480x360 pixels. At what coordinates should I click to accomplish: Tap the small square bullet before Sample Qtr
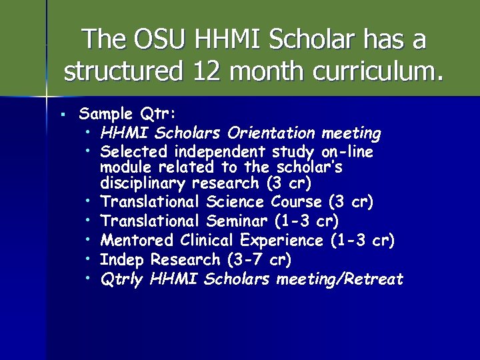point(61,115)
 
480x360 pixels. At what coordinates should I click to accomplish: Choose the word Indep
point(123,259)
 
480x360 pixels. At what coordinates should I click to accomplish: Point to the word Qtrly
point(122,279)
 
